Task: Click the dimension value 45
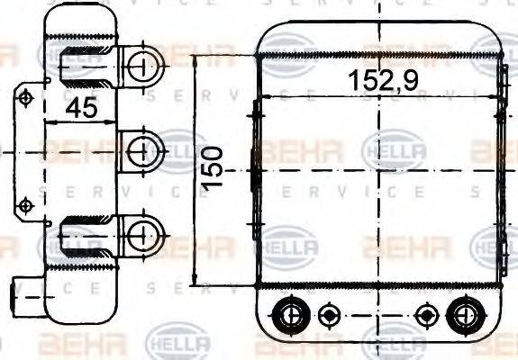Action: tap(82, 109)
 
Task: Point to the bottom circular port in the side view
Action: tap(140, 235)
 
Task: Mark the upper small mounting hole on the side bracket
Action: tap(26, 96)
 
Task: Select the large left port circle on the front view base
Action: tap(290, 314)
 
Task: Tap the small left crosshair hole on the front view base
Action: tap(329, 314)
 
